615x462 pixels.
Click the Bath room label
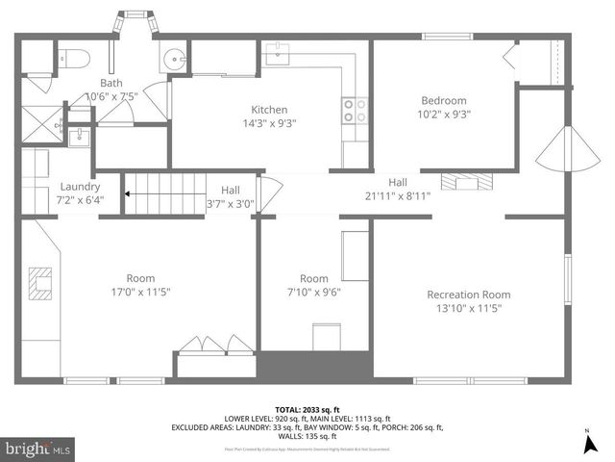tap(111, 83)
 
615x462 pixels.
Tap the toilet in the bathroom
tap(78, 58)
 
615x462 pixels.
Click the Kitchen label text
tap(270, 110)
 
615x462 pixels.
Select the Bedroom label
tap(444, 101)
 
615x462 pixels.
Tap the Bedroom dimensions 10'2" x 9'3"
tap(444, 115)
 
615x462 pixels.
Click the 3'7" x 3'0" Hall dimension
tap(231, 203)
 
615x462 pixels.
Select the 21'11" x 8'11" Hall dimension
tap(397, 195)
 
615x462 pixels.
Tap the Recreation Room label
tap(469, 295)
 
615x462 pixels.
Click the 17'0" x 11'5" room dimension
tap(140, 292)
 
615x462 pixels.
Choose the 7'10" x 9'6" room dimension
tap(314, 292)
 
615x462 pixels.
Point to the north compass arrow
tap(587, 444)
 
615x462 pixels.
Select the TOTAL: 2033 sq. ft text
tap(307, 409)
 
